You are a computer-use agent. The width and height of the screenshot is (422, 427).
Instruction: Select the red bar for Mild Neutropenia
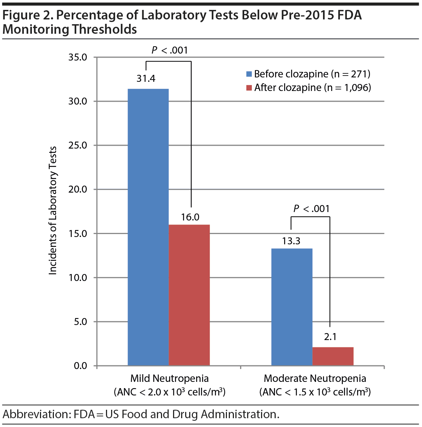[x=189, y=295]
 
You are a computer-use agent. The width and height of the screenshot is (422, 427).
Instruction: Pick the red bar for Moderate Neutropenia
[x=333, y=356]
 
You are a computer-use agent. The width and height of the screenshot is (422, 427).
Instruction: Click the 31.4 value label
[x=146, y=79]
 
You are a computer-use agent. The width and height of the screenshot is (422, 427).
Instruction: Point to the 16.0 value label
[x=190, y=217]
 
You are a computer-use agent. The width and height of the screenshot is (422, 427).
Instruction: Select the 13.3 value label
[x=291, y=241]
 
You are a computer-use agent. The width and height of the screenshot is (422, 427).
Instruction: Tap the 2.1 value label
[x=330, y=337]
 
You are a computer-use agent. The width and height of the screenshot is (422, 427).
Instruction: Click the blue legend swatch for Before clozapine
[x=249, y=74]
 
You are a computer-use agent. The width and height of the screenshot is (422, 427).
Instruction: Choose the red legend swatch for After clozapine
[x=249, y=88]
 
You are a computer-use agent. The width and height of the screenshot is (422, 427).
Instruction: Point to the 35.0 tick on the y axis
[x=78, y=57]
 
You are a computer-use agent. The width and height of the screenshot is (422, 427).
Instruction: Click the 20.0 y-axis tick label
[x=78, y=189]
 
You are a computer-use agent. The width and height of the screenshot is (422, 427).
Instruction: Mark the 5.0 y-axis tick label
[x=80, y=322]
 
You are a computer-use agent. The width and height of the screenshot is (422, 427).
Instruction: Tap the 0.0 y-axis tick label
[x=80, y=366]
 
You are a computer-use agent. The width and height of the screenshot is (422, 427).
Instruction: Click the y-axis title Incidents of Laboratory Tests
[x=53, y=211]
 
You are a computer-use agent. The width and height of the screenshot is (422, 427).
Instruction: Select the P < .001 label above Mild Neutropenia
[x=170, y=50]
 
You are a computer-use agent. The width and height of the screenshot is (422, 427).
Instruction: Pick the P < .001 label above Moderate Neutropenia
[x=312, y=209]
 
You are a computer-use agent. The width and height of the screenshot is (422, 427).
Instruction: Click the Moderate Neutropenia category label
[x=315, y=379]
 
